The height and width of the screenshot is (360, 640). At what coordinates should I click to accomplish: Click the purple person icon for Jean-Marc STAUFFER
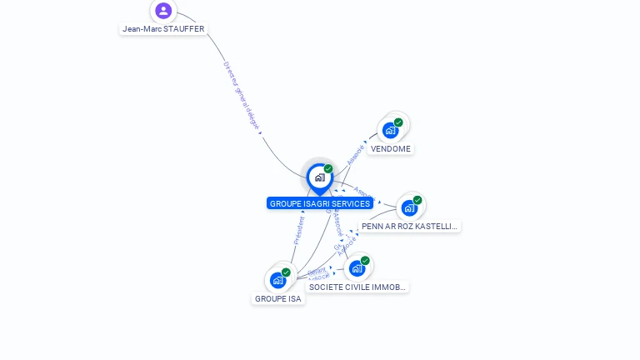163,11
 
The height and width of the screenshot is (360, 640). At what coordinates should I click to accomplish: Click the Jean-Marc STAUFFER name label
163,28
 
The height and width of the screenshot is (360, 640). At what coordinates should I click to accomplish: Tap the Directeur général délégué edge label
242,97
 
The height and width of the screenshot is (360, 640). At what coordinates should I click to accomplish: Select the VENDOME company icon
389,130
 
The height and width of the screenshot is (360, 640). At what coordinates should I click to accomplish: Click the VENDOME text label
391,148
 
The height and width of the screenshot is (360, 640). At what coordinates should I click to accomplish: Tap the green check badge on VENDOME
398,122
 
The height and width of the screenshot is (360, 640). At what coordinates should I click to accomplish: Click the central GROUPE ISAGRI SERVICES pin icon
319,177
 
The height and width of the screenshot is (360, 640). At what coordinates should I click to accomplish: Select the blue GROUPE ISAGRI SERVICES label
320,203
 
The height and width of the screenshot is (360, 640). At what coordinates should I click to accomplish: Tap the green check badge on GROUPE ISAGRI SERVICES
328,169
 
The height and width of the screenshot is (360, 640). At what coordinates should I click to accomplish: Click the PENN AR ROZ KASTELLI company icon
408,207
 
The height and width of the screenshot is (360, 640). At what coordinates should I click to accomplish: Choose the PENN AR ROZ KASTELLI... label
409,226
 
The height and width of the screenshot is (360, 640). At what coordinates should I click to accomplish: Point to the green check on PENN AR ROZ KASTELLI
417,200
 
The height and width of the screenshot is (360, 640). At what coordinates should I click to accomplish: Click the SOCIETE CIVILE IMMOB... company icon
357,268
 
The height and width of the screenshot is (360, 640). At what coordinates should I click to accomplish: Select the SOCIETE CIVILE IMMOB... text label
357,287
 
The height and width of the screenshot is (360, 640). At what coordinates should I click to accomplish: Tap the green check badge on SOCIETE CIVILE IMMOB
365,261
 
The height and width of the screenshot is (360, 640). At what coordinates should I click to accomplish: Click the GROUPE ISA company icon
277,280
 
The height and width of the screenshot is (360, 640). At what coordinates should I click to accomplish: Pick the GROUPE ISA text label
278,298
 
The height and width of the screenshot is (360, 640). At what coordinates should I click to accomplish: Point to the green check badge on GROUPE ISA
286,272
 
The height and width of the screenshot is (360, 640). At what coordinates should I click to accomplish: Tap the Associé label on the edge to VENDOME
356,153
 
